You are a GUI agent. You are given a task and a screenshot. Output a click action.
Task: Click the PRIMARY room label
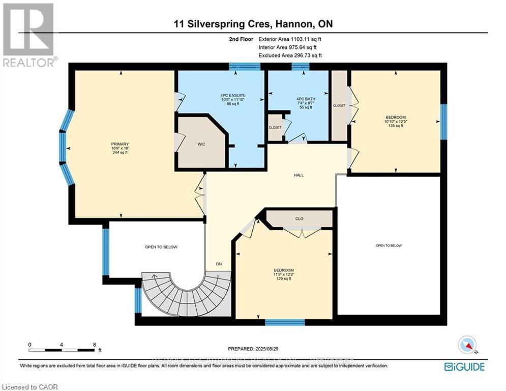point(120,144)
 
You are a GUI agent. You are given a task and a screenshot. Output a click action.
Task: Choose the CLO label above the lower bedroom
point(299,218)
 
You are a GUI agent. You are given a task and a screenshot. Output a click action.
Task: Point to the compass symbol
point(466,346)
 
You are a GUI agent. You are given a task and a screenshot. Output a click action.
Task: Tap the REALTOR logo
point(29,35)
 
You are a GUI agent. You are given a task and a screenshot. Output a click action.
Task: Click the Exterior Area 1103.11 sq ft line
point(290,39)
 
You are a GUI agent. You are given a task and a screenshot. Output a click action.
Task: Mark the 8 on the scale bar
point(94,344)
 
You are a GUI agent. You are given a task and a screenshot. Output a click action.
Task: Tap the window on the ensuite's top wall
point(244,66)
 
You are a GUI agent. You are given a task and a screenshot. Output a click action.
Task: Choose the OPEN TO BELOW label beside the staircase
point(161,247)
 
